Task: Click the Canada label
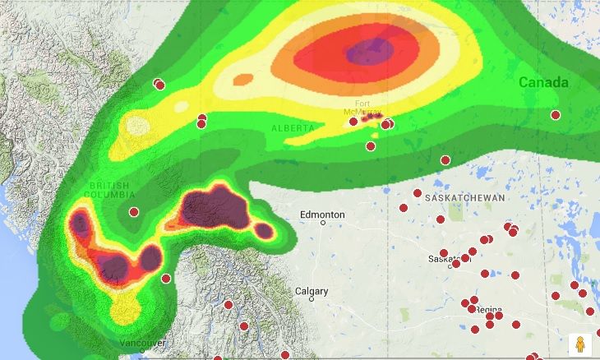click(542, 83)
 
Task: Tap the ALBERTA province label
click(293, 129)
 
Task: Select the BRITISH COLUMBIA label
click(113, 191)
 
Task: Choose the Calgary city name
click(312, 292)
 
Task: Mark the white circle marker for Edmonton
click(323, 223)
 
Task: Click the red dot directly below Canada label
click(556, 115)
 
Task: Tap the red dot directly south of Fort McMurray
click(371, 146)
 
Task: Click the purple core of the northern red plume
click(367, 52)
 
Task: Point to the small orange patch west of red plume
click(243, 80)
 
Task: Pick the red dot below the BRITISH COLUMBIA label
click(134, 212)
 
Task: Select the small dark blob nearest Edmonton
click(264, 231)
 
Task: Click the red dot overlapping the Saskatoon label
click(456, 264)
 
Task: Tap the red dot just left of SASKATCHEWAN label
click(418, 193)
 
